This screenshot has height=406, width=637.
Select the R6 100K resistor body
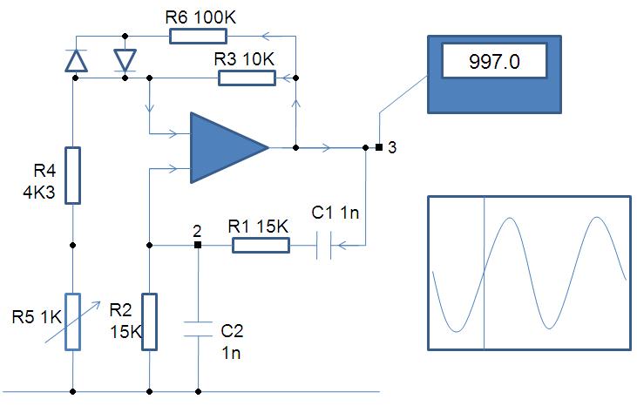click(x=198, y=36)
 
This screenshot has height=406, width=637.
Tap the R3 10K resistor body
click(x=247, y=78)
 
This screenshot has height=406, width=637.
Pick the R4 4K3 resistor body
click(x=73, y=174)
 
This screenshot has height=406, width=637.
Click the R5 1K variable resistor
click(x=73, y=322)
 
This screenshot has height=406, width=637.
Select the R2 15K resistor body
click(x=150, y=322)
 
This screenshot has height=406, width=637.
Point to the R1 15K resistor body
click(x=261, y=246)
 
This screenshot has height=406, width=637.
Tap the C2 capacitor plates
click(x=198, y=331)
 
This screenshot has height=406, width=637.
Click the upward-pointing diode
click(x=76, y=59)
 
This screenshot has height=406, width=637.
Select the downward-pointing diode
click(x=125, y=59)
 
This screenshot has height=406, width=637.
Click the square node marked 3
click(x=379, y=147)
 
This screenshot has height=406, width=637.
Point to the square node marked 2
click(x=198, y=246)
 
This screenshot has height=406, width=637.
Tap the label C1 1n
click(x=335, y=213)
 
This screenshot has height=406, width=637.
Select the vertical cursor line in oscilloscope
click(x=484, y=274)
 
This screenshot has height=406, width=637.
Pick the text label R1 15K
click(x=259, y=226)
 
